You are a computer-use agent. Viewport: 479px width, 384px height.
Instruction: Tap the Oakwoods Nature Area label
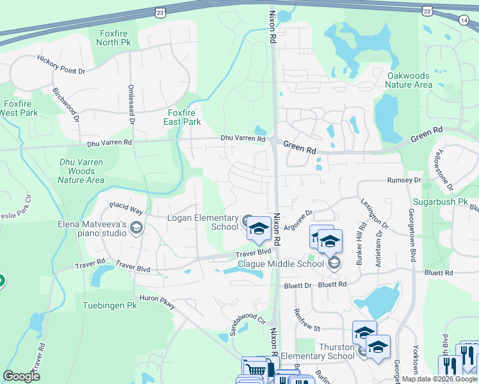[x=409, y=80]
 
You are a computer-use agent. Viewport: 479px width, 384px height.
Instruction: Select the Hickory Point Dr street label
[x=61, y=65]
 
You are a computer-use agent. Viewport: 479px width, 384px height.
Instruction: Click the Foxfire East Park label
[x=180, y=117]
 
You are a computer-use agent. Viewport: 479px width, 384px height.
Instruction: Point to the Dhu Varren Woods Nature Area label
[x=81, y=172]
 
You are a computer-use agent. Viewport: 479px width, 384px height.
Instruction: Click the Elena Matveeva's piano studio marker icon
[x=136, y=227]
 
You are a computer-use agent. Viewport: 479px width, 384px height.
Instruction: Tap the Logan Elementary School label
[x=202, y=222]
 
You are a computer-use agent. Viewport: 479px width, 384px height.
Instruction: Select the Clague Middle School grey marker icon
[x=333, y=262]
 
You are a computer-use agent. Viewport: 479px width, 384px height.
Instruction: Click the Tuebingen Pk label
[x=110, y=306]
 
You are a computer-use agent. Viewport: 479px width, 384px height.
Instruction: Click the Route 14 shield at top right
[x=463, y=20]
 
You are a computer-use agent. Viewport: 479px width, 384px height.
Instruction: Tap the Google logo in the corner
[x=21, y=376]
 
